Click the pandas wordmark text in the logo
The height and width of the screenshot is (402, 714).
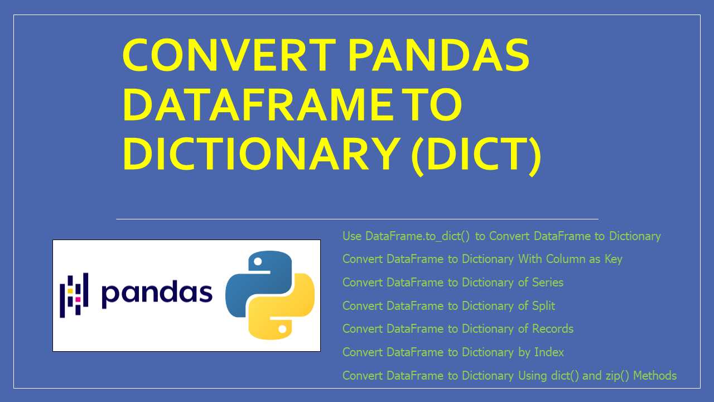pyautogui.click(x=157, y=293)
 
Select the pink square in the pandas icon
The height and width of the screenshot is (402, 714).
pyautogui.click(x=78, y=300)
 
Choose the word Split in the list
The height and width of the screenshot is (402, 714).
pyautogui.click(x=543, y=306)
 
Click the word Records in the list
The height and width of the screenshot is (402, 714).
pyautogui.click(x=552, y=329)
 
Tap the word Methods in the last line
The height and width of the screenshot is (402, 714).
pyautogui.click(x=655, y=376)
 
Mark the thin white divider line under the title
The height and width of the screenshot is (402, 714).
pyautogui.click(x=357, y=219)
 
